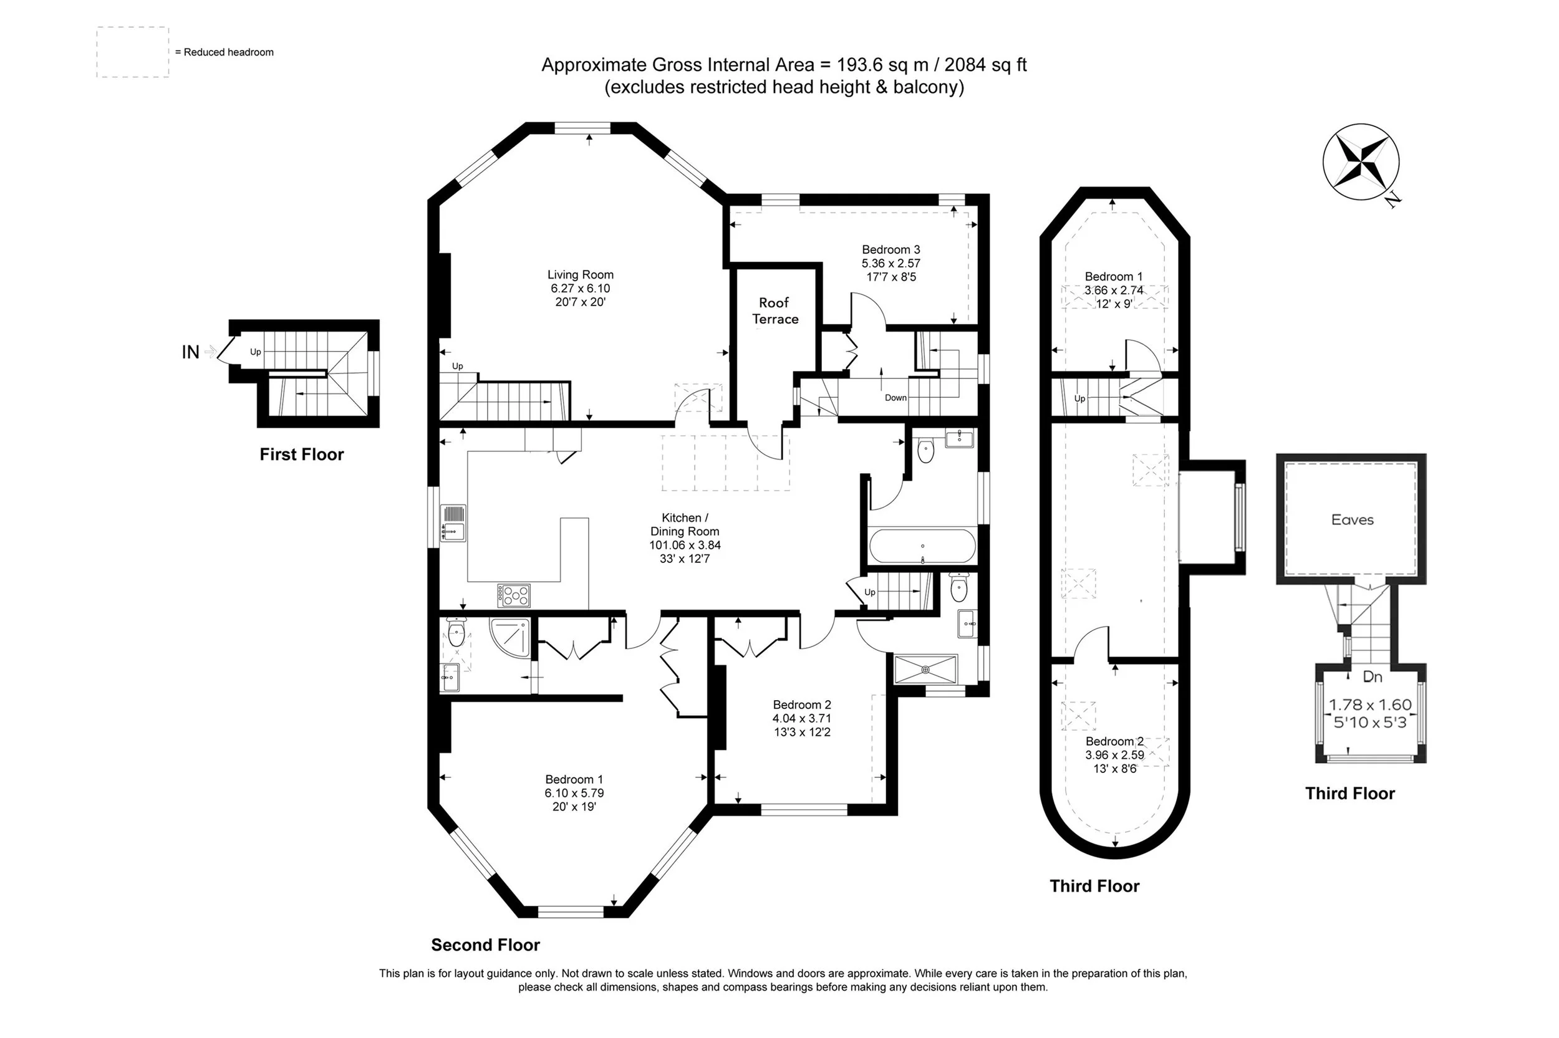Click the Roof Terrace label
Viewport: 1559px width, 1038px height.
pos(775,310)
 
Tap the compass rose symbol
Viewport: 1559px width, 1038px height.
pos(1361,161)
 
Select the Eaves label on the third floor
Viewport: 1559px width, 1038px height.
pos(1352,520)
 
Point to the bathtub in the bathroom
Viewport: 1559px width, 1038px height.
pos(922,546)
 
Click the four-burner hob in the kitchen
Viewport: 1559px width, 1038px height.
pos(513,595)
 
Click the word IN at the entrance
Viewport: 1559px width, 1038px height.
pos(190,352)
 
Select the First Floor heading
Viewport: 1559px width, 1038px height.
pos(301,454)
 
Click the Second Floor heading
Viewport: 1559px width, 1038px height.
pos(485,944)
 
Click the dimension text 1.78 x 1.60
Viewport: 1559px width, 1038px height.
pos(1370,705)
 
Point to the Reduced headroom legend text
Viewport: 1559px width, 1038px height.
pos(224,52)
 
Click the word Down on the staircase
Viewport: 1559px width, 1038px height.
pos(895,398)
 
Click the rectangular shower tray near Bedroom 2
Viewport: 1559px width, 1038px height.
pos(925,670)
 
